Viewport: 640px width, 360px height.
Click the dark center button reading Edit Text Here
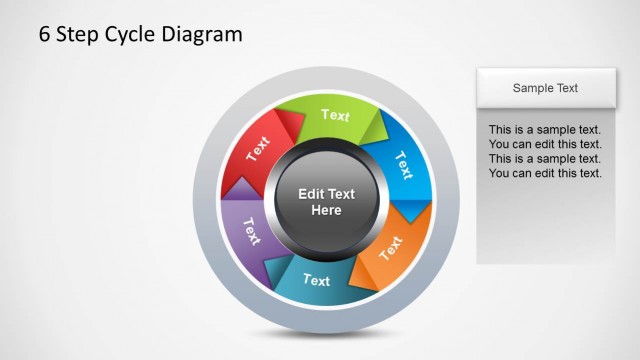(x=326, y=202)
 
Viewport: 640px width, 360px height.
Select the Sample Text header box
(x=545, y=88)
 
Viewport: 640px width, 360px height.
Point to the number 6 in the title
(x=45, y=35)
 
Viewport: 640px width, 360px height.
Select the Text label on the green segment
(x=335, y=115)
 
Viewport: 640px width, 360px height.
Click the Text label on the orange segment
(x=391, y=246)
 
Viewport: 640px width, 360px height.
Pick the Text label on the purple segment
(x=251, y=231)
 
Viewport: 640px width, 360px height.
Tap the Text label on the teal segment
(x=316, y=280)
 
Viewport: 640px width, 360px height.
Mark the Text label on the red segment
(x=258, y=148)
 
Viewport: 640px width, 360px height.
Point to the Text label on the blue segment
(x=404, y=162)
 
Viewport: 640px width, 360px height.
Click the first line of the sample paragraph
(x=544, y=130)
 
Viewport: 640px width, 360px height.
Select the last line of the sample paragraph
(x=544, y=173)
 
